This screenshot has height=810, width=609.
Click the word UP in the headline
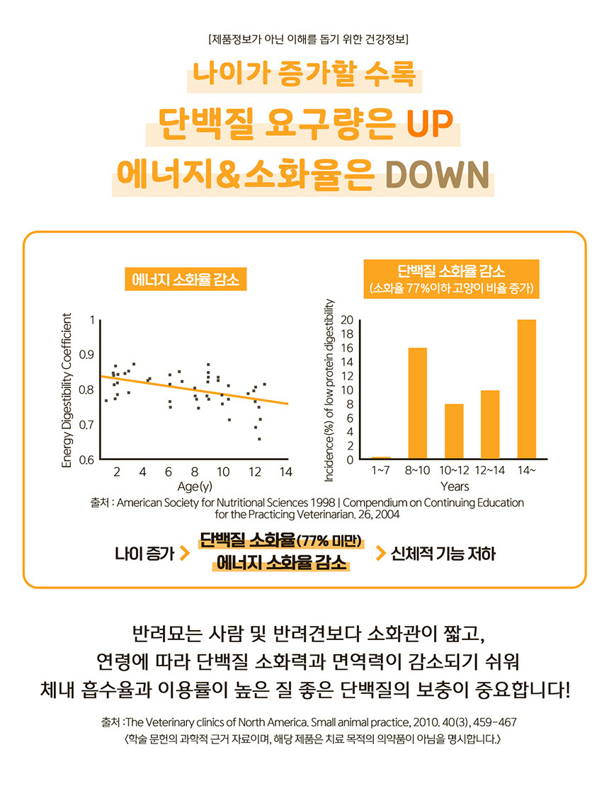(428, 125)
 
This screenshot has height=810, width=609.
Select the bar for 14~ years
(527, 389)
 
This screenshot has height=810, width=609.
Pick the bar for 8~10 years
(419, 404)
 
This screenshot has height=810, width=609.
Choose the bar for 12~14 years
(491, 424)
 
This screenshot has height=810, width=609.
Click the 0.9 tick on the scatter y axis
(86, 354)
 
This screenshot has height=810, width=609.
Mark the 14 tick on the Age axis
(285, 472)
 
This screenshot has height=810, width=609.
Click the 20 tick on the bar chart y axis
(346, 320)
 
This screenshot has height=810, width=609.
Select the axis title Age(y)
(194, 486)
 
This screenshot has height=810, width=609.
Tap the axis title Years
(454, 486)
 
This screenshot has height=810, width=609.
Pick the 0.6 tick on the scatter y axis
(86, 460)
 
